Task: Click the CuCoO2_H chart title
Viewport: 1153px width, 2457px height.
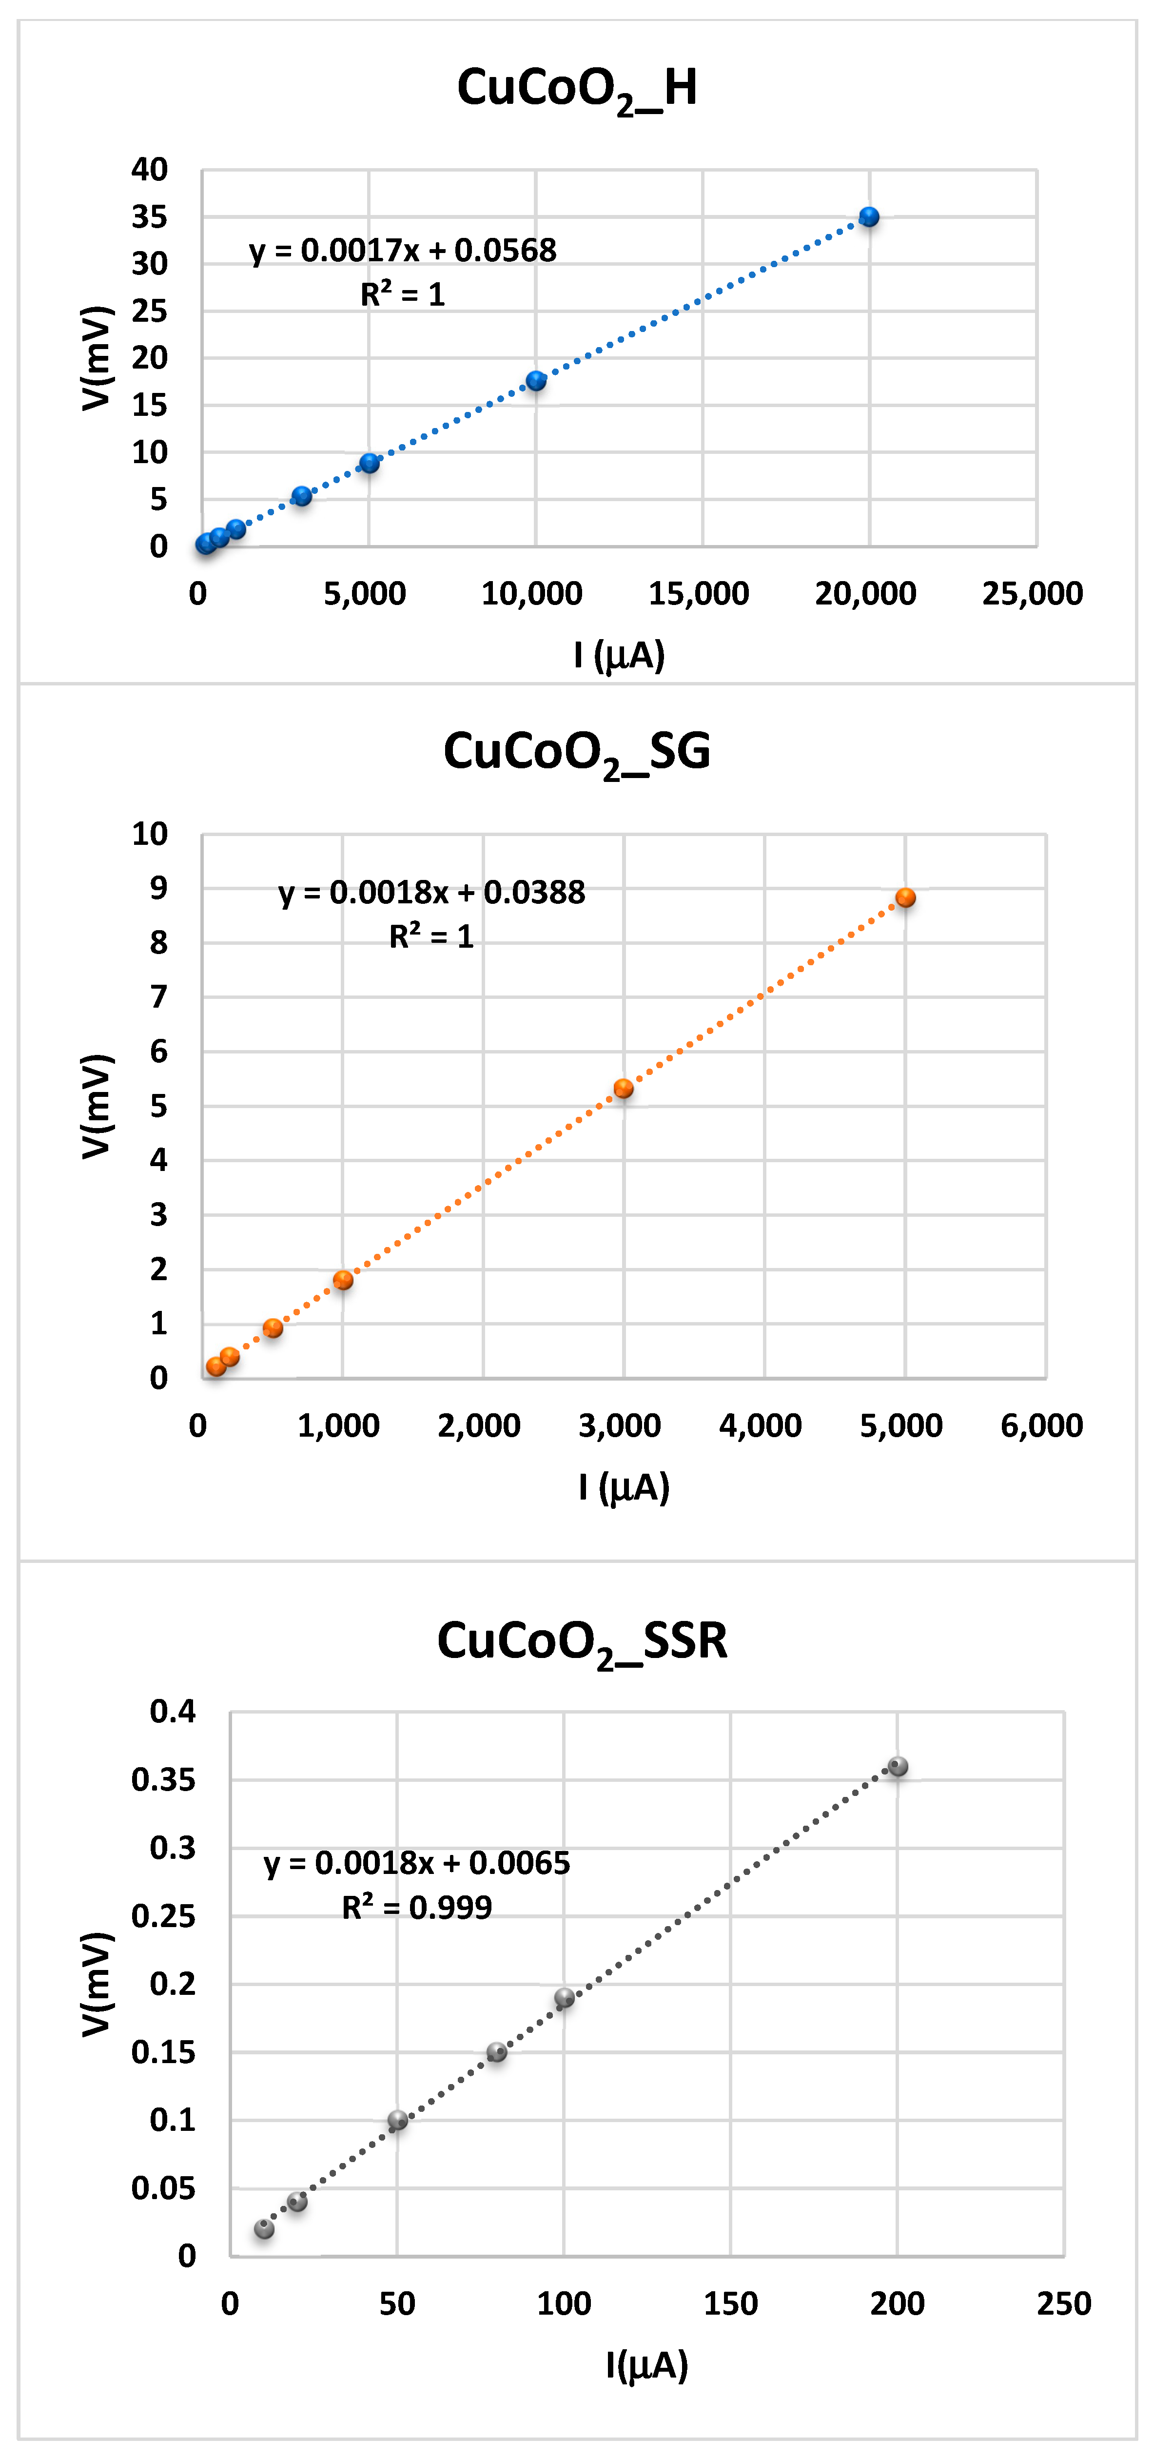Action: click(577, 89)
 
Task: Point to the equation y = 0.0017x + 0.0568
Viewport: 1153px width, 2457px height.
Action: click(403, 250)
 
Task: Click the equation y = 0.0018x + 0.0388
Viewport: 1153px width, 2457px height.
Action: click(431, 892)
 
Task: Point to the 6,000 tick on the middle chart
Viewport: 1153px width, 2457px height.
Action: click(1041, 1425)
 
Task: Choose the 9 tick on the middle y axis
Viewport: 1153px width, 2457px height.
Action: click(158, 888)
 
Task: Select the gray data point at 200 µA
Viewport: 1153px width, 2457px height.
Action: click(898, 1766)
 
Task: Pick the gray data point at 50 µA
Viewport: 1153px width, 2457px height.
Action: click(398, 2119)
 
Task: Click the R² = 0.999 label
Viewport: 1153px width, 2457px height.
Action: click(417, 1907)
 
